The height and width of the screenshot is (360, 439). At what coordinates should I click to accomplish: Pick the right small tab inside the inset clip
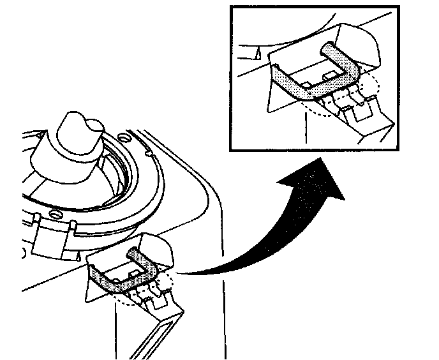(x=331, y=75)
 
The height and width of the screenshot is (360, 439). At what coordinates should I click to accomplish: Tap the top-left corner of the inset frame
(x=234, y=7)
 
